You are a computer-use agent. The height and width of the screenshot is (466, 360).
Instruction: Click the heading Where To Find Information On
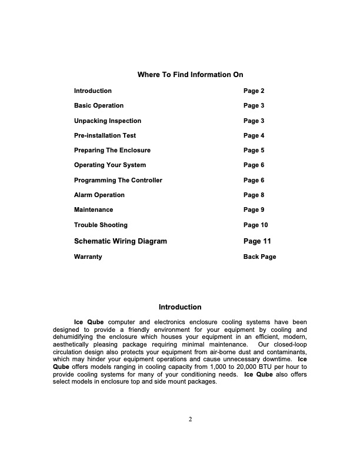(190, 75)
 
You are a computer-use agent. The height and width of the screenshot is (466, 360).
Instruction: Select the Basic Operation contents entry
(99, 106)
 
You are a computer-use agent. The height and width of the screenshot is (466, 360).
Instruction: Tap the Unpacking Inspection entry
(108, 121)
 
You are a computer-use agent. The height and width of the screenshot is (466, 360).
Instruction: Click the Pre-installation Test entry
(105, 135)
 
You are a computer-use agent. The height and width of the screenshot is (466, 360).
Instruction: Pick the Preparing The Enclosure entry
(112, 151)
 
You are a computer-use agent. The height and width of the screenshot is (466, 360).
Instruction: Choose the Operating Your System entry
(110, 165)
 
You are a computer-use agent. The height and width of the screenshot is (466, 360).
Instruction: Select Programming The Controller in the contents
(118, 180)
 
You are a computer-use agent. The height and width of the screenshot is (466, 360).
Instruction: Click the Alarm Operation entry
(99, 195)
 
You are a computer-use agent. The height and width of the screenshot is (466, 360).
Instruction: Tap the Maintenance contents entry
(94, 209)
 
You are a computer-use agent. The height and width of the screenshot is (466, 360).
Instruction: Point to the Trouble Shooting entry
(101, 225)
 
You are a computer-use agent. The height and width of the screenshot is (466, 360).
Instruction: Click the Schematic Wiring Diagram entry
(121, 241)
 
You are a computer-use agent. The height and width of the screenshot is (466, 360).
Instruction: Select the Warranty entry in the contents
(88, 257)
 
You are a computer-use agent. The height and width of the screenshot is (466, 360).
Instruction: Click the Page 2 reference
(254, 91)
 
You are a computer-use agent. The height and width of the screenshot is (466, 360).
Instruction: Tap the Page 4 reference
(254, 135)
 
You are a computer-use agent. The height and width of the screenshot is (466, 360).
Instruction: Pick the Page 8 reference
(254, 195)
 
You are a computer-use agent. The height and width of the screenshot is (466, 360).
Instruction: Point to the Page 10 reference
(256, 225)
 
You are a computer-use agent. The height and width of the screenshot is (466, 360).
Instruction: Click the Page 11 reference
(257, 241)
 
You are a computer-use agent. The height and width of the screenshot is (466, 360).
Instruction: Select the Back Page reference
(259, 257)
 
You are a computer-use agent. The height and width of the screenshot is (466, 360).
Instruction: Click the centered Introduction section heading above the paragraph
(180, 307)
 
